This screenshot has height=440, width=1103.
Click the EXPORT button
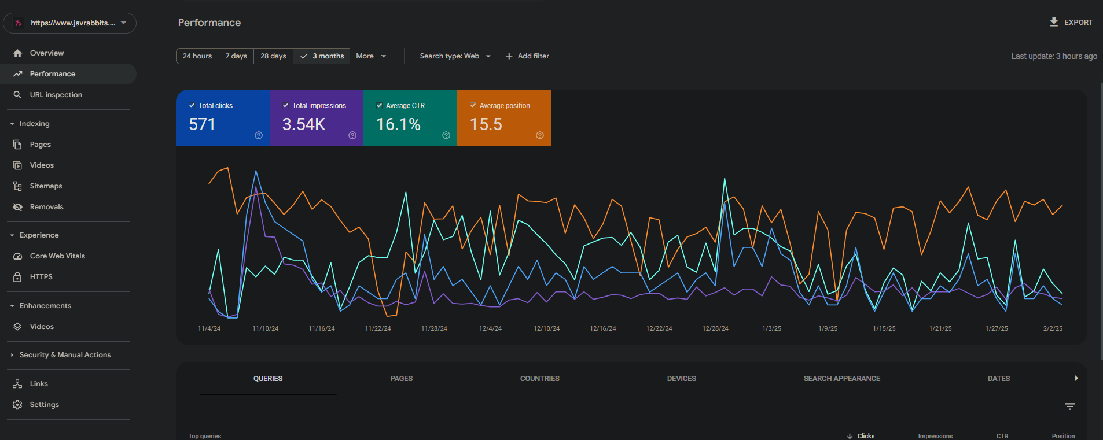pyautogui.click(x=1071, y=23)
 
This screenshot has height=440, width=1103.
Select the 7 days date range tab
pyautogui.click(x=236, y=56)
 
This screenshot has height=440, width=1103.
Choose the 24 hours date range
pyautogui.click(x=197, y=56)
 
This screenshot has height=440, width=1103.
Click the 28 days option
pyautogui.click(x=273, y=56)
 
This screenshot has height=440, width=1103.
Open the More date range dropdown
pyautogui.click(x=370, y=56)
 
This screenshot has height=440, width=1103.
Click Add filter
pyautogui.click(x=527, y=56)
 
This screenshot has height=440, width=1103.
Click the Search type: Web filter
pyautogui.click(x=455, y=56)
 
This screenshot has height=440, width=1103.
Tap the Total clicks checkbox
pyautogui.click(x=192, y=106)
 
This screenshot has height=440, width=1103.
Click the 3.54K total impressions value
pyautogui.click(x=304, y=124)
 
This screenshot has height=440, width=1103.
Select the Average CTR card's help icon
pyautogui.click(x=446, y=135)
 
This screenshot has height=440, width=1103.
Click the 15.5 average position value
pyautogui.click(x=486, y=124)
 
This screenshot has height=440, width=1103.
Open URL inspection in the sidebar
pyautogui.click(x=56, y=95)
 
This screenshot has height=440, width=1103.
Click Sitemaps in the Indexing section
pyautogui.click(x=46, y=186)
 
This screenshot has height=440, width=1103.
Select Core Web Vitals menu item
pyautogui.click(x=57, y=256)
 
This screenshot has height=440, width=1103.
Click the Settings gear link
pyautogui.click(x=44, y=405)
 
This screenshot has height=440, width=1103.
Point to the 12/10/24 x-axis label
pyautogui.click(x=546, y=328)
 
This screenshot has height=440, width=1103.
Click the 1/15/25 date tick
pyautogui.click(x=884, y=328)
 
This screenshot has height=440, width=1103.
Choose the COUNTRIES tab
pyautogui.click(x=539, y=379)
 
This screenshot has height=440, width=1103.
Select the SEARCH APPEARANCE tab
pyautogui.click(x=841, y=379)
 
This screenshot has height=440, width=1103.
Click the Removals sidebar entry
pyautogui.click(x=46, y=207)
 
